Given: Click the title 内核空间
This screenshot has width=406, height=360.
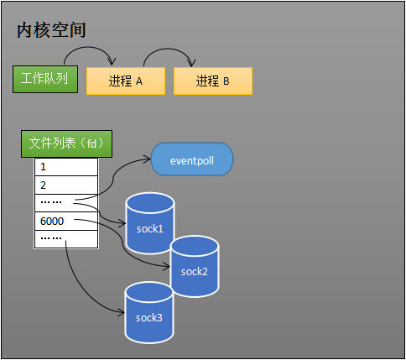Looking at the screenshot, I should pos(51,30).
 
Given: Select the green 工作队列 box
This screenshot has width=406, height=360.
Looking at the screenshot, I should pos(45,79).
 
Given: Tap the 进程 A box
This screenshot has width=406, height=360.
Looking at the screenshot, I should pos(125,81).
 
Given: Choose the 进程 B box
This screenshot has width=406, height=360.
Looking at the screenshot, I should pos(212,81).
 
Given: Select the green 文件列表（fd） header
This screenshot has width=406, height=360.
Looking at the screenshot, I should pos(67,143).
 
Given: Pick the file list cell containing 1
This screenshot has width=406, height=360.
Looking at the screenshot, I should pos(65,167).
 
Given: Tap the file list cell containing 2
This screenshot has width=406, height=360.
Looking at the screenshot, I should pos(65,185).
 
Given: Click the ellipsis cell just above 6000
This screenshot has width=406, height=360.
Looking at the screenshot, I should pos(65,203).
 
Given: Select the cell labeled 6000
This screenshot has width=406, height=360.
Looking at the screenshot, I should pos(65,222).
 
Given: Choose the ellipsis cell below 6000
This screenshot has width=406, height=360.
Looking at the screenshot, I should pos(65,239).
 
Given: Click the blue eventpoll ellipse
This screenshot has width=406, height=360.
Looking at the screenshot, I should pos(191,159).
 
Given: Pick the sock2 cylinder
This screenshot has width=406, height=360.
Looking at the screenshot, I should pos(194,267).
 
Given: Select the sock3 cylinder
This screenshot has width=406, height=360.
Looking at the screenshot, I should pos(148,314).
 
